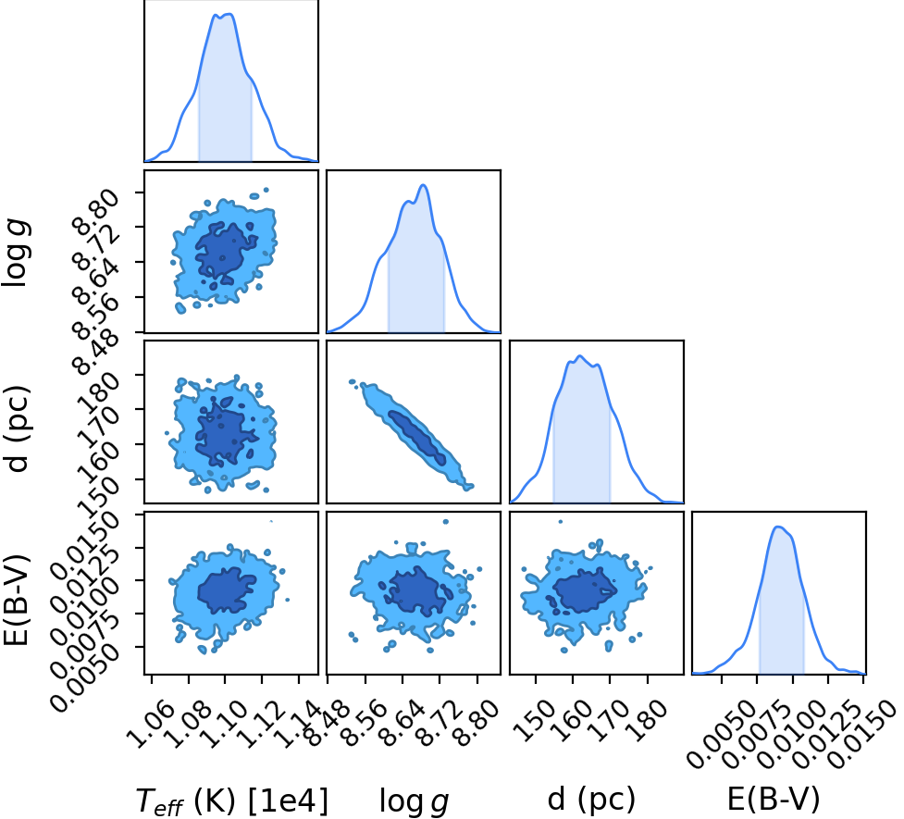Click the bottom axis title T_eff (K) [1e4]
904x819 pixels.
point(231,800)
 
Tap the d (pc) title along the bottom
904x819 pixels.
point(591,800)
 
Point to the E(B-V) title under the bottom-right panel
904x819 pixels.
point(774,800)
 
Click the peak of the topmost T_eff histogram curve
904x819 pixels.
point(229,14)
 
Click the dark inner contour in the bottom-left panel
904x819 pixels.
point(227,590)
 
